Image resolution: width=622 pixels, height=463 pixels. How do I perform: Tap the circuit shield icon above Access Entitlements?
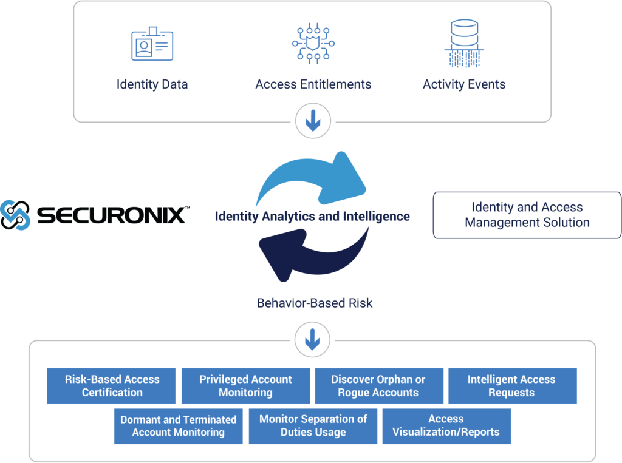313,44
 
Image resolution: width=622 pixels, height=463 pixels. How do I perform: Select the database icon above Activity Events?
464,44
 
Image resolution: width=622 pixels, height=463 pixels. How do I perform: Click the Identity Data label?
152,84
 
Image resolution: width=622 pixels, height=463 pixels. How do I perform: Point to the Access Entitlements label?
313,84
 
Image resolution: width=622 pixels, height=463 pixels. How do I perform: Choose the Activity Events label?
464,84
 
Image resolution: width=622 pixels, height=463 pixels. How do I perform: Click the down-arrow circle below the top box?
313,121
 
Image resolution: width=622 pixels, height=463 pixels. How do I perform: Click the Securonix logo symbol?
15,215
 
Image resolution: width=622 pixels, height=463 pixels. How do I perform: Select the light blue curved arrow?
316,179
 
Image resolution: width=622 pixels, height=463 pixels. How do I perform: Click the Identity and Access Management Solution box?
527,215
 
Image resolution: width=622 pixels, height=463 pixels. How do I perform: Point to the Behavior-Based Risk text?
315,302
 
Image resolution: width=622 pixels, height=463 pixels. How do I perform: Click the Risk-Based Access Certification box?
112,386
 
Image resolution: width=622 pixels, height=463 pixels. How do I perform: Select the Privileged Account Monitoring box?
245,386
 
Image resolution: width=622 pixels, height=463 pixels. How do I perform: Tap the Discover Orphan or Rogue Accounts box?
378,386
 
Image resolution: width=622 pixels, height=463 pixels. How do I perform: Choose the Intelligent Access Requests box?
512,386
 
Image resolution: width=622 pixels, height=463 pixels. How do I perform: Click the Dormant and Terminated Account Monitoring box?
179,426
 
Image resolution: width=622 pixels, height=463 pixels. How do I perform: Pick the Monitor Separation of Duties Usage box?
313,426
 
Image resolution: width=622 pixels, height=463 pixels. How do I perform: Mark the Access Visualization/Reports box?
446,426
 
